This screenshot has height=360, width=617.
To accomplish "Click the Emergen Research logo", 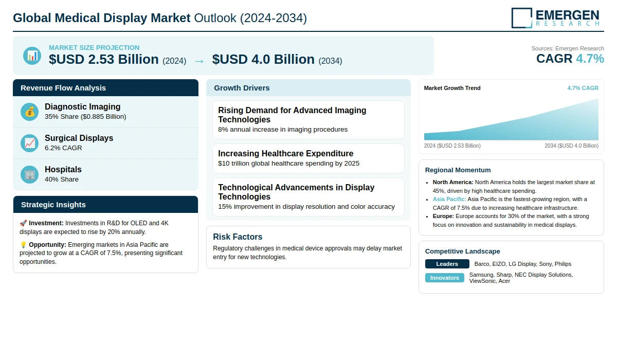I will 555,17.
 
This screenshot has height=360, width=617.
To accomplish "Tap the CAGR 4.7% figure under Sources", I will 570,59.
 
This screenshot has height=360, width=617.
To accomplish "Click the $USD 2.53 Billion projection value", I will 104,60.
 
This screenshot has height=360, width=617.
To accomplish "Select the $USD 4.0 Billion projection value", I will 263,60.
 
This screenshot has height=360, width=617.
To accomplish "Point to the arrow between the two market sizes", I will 199,61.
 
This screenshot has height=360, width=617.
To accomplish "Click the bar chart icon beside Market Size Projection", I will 32,56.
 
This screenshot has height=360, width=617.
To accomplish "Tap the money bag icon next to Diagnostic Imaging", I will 30,112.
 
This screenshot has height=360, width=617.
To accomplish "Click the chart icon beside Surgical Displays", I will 30,143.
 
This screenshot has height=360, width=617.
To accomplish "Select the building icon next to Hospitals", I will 30,174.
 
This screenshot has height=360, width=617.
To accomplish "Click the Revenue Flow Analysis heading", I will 63,88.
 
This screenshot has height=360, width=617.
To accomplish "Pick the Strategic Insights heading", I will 53,205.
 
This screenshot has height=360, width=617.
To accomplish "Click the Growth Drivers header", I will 242,88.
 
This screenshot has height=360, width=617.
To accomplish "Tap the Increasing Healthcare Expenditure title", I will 285,153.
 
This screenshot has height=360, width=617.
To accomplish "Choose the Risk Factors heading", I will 238,237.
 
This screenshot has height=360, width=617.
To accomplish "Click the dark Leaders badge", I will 447,264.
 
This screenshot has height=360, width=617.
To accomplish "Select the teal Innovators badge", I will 444,278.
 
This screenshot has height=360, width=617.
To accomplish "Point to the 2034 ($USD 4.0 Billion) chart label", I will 571,146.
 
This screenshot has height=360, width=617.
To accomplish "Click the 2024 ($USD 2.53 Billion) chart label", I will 452,146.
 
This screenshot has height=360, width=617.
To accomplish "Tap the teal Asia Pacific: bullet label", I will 449,199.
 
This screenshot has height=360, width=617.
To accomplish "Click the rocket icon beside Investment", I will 23,223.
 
